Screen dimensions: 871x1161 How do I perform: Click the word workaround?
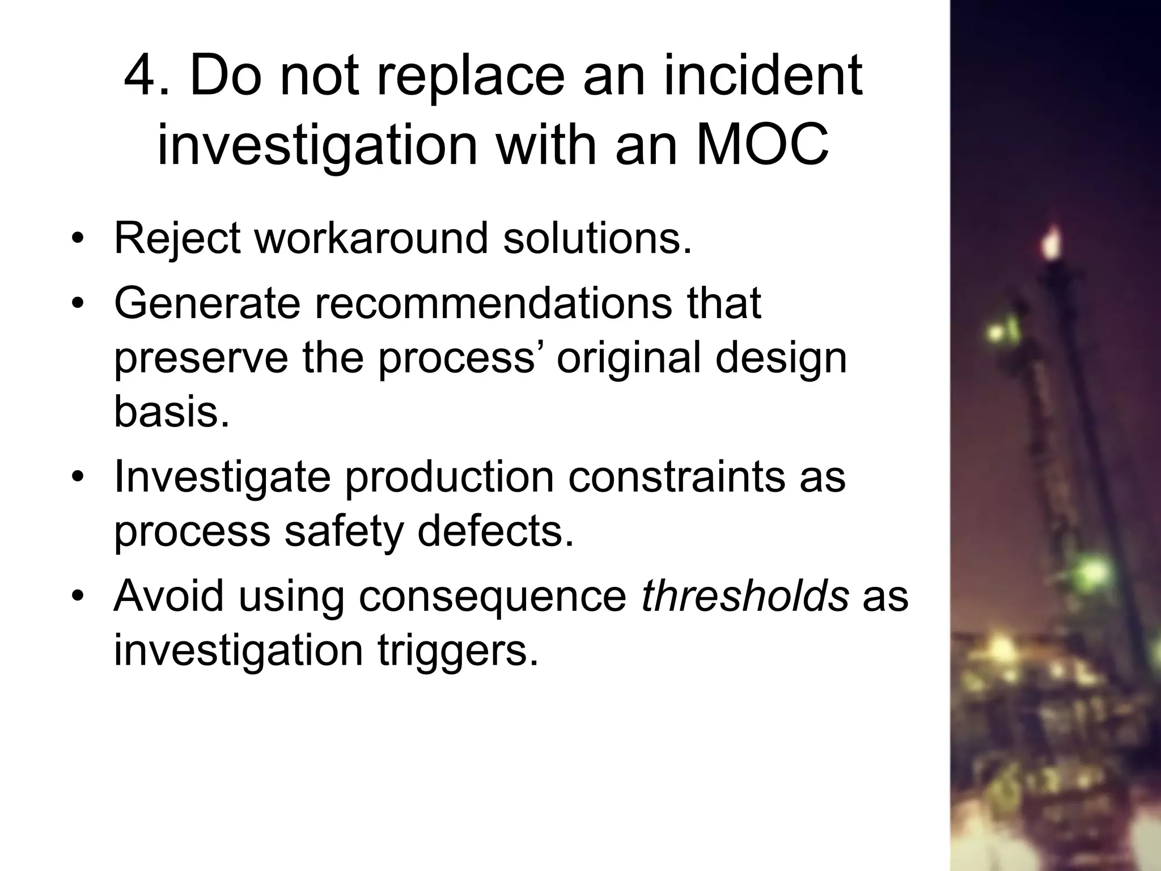coord(371,238)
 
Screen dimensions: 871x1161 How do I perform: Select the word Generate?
coord(207,303)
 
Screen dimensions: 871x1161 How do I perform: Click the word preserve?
coord(201,359)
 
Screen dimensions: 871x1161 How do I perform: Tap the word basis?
coord(172,412)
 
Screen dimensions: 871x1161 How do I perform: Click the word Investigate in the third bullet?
coord(222,478)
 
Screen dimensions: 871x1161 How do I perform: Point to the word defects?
coord(495,531)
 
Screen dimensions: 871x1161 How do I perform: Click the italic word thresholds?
coord(744,597)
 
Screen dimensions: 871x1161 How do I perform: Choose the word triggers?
coord(457,651)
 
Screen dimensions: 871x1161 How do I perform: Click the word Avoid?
coord(169,597)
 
